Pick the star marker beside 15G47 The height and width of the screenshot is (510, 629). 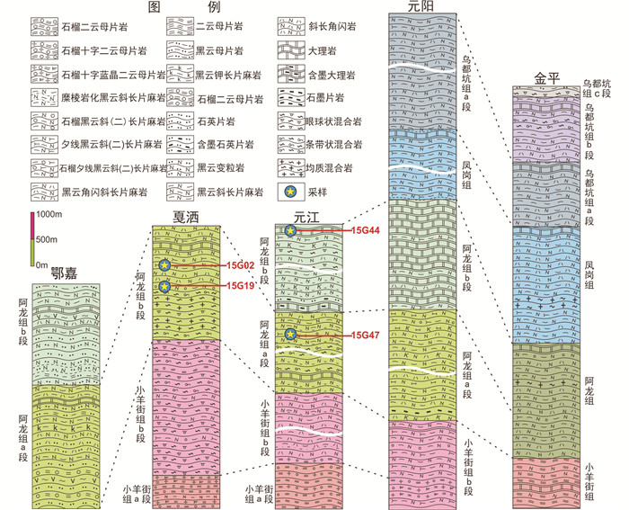[x=290, y=335]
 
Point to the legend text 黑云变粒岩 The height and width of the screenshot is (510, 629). [x=219, y=168]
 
